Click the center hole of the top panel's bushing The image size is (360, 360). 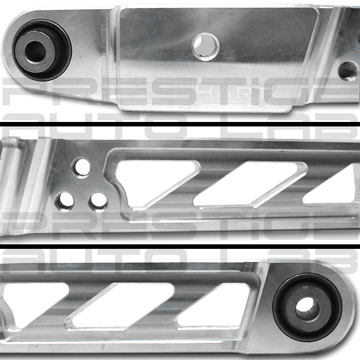tap(36, 50)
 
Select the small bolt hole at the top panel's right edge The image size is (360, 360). tap(347, 71)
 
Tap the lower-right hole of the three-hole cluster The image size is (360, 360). tap(98, 202)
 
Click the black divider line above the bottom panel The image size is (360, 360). tap(180, 243)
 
